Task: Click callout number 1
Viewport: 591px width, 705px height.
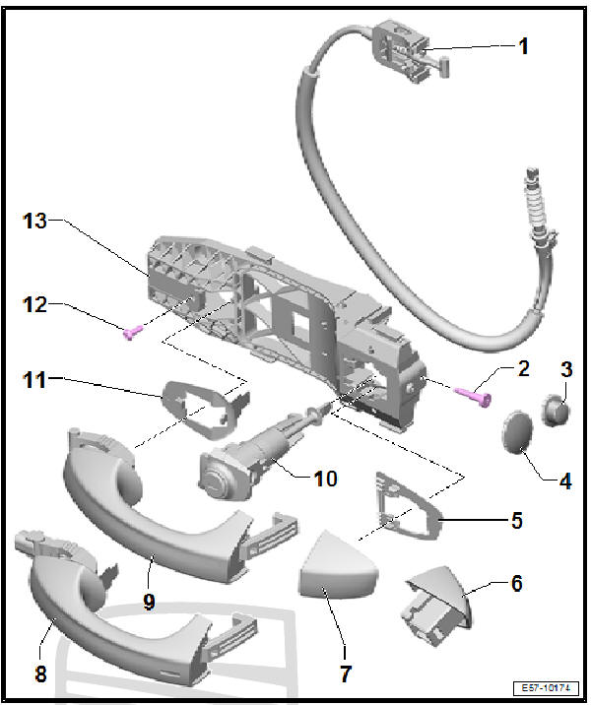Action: point(523,45)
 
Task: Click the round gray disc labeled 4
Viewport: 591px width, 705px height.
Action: point(520,434)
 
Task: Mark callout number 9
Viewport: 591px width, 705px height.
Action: point(149,601)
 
